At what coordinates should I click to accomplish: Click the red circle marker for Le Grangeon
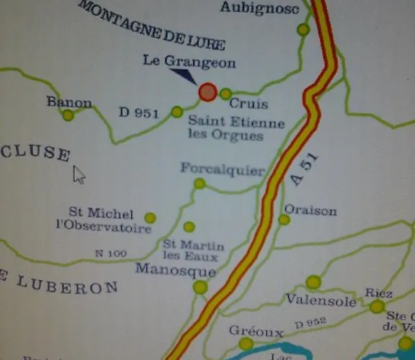point(207,92)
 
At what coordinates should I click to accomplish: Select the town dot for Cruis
point(226,94)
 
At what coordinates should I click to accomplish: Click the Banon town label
point(69,102)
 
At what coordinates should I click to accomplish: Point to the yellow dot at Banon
point(68,115)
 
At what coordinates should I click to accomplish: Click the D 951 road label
point(139,112)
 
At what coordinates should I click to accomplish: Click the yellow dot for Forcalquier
point(200,184)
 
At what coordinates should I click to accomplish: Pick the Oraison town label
point(311,210)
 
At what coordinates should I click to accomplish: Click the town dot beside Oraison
point(285,219)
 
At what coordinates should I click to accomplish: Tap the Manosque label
point(176,271)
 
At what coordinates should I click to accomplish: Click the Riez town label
point(378,293)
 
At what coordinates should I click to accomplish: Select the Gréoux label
point(256,331)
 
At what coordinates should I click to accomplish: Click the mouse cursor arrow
point(79,174)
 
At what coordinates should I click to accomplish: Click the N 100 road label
point(110,253)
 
